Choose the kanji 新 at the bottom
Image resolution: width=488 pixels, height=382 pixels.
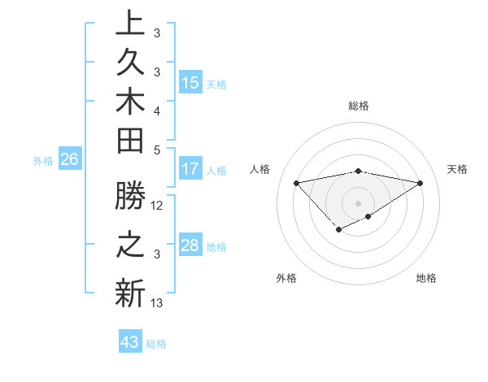tap(130, 294)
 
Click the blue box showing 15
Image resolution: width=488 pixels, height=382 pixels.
tap(190, 83)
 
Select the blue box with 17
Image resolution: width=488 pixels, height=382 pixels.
tap(190, 170)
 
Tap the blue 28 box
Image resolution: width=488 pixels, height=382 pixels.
tap(190, 246)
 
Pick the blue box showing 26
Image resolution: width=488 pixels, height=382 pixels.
tap(70, 160)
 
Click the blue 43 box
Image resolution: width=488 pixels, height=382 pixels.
tap(130, 343)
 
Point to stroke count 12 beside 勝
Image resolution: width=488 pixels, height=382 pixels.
tap(158, 206)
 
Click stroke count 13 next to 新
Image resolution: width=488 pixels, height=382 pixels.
tap(158, 303)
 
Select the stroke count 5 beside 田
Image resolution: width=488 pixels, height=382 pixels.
tap(157, 150)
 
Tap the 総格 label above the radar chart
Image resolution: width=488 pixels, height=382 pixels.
tap(359, 106)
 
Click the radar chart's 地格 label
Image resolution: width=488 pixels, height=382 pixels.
tap(426, 279)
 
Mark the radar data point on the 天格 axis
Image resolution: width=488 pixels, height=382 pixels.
tap(420, 182)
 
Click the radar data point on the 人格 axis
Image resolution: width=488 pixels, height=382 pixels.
tap(296, 182)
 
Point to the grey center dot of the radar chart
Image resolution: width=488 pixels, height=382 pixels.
tap(359, 202)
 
